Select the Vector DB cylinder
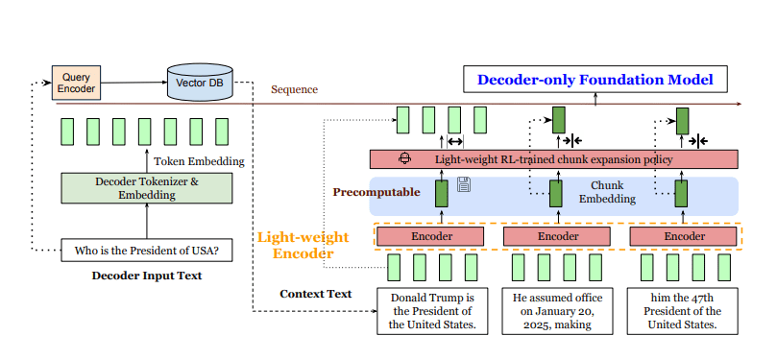pyautogui.click(x=199, y=84)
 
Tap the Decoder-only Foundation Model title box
pyautogui.click(x=595, y=79)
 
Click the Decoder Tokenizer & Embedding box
pyautogui.click(x=147, y=187)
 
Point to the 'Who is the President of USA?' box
pyautogui.click(x=147, y=252)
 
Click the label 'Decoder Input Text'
pyautogui.click(x=146, y=276)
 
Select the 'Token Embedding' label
pyautogui.click(x=199, y=161)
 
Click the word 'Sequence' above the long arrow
pyautogui.click(x=294, y=89)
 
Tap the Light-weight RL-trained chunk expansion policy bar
pyautogui.click(x=553, y=159)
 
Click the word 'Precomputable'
pyautogui.click(x=376, y=192)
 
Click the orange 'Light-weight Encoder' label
pyautogui.click(x=296, y=245)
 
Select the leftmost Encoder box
pyautogui.click(x=428, y=235)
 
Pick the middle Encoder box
pyautogui.click(x=557, y=235)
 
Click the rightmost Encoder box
pyautogui.click(x=685, y=235)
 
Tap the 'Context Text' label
pyautogui.click(x=315, y=294)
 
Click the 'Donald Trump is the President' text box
pyautogui.click(x=431, y=310)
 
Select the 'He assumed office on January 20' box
pyautogui.click(x=557, y=310)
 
